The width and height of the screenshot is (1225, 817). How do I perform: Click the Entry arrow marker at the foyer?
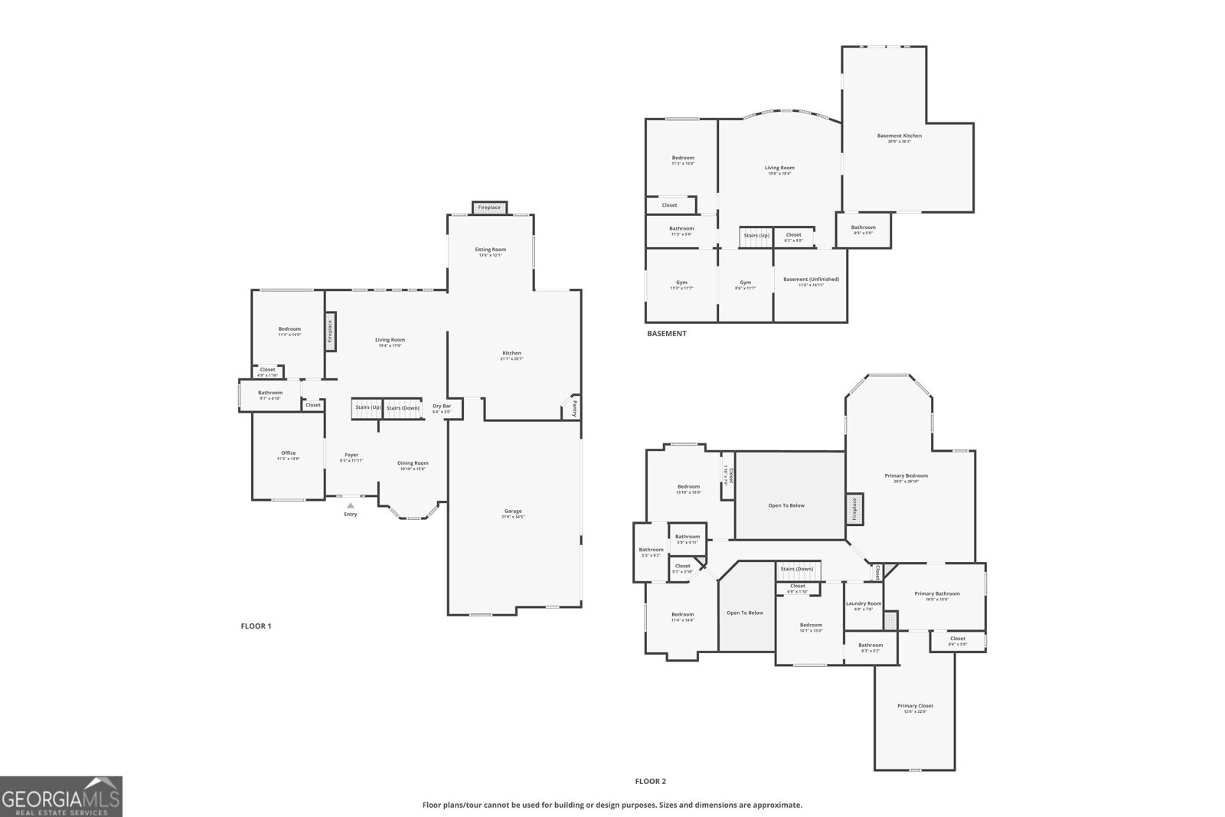tap(350, 505)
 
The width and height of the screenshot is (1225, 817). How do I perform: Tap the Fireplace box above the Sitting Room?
tap(489, 208)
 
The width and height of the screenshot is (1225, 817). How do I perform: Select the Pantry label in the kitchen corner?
tap(573, 407)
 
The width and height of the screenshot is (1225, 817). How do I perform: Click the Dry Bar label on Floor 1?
tap(442, 407)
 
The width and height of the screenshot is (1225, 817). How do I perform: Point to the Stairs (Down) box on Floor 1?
tap(403, 408)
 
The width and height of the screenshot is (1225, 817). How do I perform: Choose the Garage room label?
tap(513, 511)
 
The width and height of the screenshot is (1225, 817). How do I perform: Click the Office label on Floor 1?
tap(288, 453)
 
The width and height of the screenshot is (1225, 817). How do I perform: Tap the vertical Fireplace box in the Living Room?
tap(331, 331)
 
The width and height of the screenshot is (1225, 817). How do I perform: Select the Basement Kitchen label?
tap(899, 136)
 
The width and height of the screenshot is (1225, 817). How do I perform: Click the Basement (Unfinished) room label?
tap(811, 279)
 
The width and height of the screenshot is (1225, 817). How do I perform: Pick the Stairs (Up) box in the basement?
tap(756, 236)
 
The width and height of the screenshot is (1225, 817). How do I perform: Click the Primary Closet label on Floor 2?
tap(915, 706)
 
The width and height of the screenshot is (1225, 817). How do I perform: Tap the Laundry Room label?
tap(863, 603)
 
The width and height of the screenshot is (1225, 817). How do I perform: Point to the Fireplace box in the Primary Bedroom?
tap(855, 509)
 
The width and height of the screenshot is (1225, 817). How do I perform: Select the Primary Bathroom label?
tap(936, 594)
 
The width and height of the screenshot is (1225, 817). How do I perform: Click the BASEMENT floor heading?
tap(666, 334)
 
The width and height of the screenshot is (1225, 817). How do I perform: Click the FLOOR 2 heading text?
tap(650, 782)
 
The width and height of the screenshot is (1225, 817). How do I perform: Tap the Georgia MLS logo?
tap(60, 796)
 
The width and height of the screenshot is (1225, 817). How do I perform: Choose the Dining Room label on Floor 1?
tap(413, 463)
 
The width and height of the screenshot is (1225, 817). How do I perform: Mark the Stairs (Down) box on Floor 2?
tap(796, 569)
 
